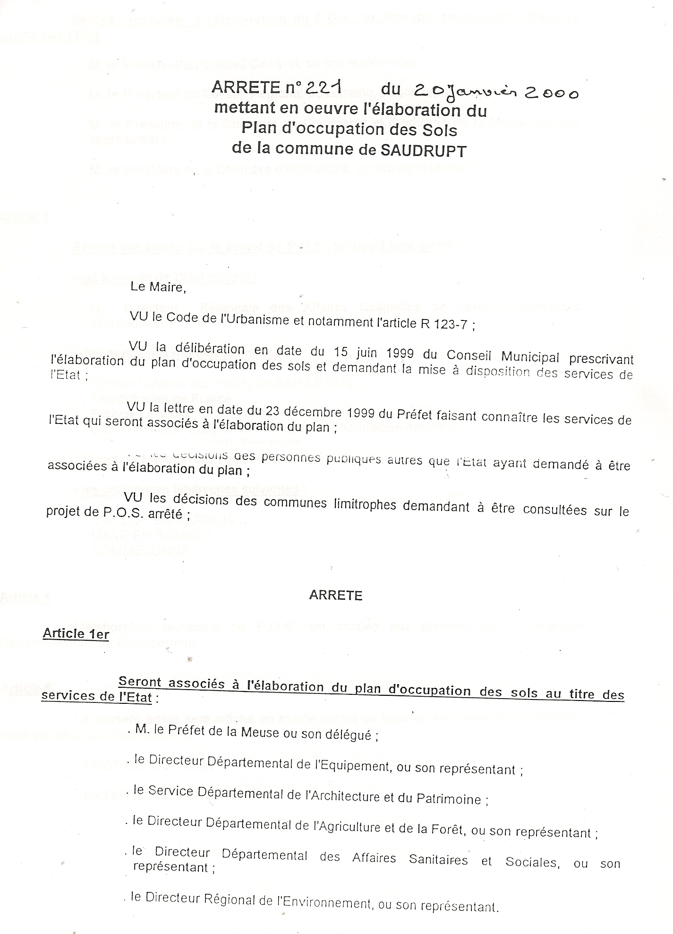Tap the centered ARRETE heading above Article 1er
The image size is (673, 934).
(x=335, y=595)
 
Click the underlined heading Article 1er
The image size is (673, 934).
(x=76, y=633)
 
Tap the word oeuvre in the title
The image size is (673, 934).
(x=292, y=109)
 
